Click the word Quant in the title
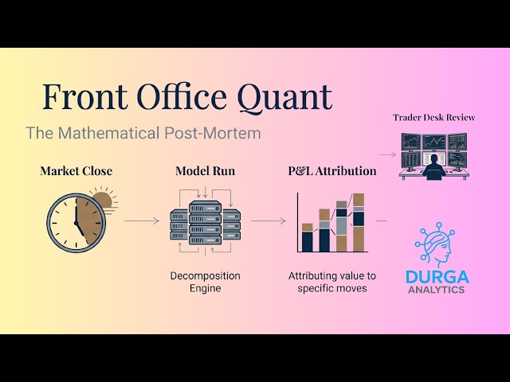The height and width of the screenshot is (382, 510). pyautogui.click(x=284, y=96)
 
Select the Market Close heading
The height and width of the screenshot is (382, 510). pyautogui.click(x=76, y=171)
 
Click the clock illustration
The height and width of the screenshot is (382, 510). pyautogui.click(x=75, y=220)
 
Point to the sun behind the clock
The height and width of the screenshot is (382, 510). pyautogui.click(x=103, y=201)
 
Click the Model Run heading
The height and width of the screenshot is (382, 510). pyautogui.click(x=205, y=171)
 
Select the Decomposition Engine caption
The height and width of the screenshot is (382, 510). pyautogui.click(x=205, y=282)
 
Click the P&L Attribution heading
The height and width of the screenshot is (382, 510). pyautogui.click(x=331, y=171)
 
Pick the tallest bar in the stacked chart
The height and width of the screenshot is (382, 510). pyautogui.click(x=359, y=223)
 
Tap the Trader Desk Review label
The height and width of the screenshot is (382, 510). pyautogui.click(x=434, y=117)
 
